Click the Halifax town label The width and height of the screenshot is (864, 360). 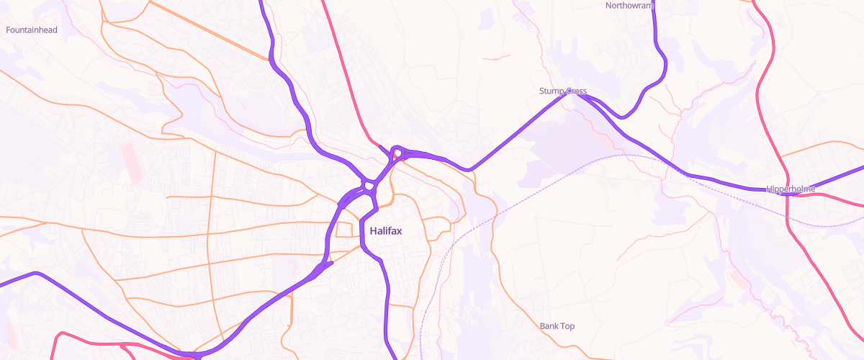(385, 231)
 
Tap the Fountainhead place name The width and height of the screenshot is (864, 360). (31, 30)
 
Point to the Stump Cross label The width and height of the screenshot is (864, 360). (562, 91)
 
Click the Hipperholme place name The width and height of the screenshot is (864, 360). (791, 189)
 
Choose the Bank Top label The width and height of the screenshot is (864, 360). (557, 326)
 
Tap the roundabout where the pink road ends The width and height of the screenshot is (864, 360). (396, 153)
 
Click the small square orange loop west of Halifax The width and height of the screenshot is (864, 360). (346, 230)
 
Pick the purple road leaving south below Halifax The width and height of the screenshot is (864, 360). (387, 302)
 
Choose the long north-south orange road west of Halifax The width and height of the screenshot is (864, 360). (210, 238)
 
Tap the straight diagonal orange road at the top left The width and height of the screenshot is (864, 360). (209, 32)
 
